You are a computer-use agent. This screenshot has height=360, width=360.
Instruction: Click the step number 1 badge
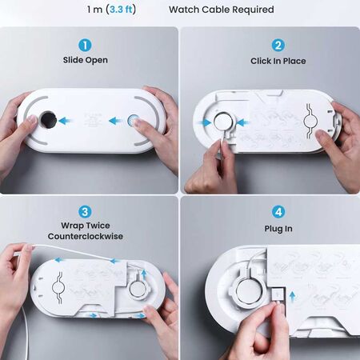pyautogui.click(x=86, y=46)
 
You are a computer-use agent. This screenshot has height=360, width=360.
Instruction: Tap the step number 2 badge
pyautogui.click(x=278, y=46)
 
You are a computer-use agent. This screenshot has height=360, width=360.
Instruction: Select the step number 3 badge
pyautogui.click(x=86, y=212)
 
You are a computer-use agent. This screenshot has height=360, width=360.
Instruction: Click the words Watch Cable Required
pyautogui.click(x=222, y=10)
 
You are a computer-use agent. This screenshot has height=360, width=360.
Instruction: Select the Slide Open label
pyautogui.click(x=86, y=61)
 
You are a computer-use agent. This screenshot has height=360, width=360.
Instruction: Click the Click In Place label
pyautogui.click(x=278, y=61)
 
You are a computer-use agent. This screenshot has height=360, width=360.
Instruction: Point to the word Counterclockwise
pyautogui.click(x=86, y=237)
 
